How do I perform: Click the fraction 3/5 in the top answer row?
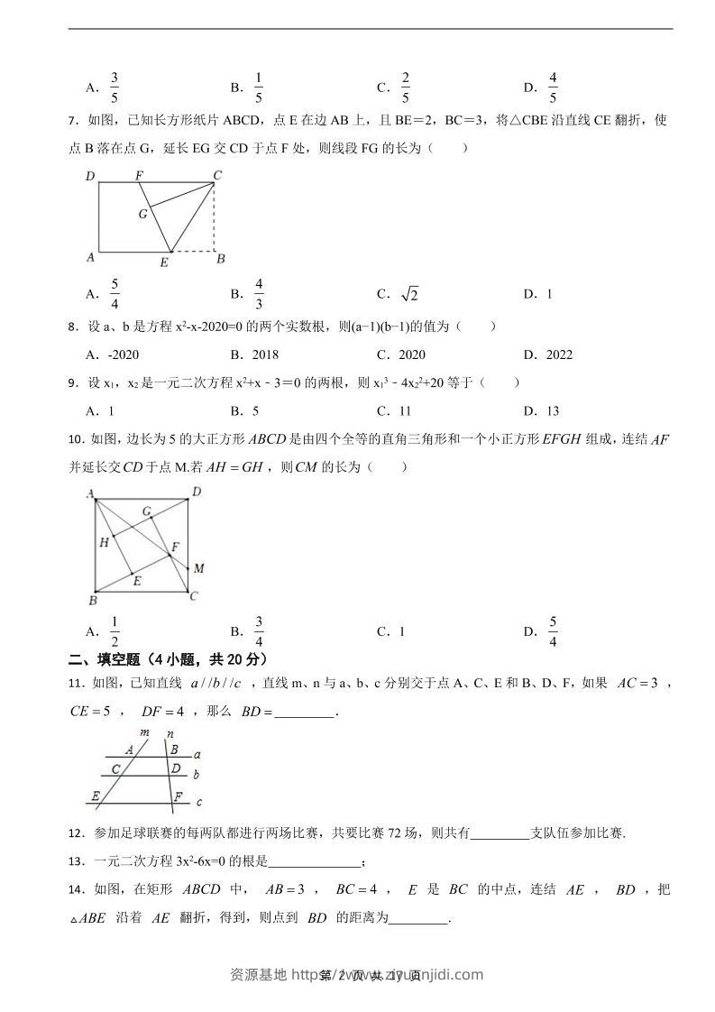coord(115,87)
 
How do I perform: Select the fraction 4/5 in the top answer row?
coord(553,87)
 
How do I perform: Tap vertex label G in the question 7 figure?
coord(142,214)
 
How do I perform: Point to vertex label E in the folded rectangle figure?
coord(163,262)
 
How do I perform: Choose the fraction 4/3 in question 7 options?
coord(259,293)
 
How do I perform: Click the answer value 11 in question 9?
coord(404,410)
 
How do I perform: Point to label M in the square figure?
coord(198,568)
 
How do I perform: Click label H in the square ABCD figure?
coord(104,542)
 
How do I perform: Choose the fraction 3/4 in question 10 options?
coord(259,630)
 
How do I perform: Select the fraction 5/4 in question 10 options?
coord(553,630)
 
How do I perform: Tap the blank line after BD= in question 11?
coord(303,713)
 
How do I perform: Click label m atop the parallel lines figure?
coord(145,732)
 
